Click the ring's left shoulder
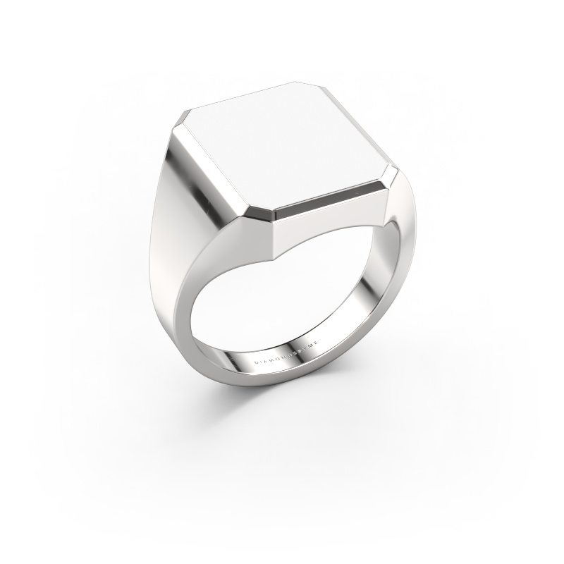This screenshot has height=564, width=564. point(169,233)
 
